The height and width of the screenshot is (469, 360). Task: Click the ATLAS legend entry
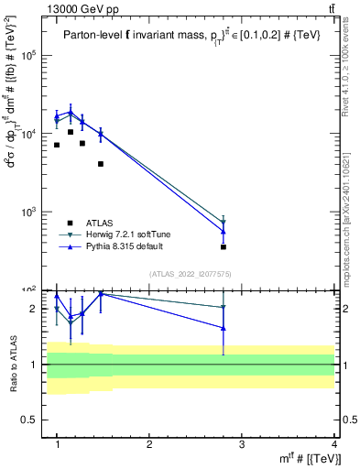click(x=100, y=223)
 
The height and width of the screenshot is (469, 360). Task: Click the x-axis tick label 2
click(x=149, y=443)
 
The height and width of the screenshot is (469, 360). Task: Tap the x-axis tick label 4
click(x=333, y=443)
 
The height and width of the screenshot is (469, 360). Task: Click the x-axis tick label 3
click(x=241, y=443)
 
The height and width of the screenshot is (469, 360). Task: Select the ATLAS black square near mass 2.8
click(x=224, y=246)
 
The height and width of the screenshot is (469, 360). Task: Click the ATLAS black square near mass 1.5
click(x=101, y=164)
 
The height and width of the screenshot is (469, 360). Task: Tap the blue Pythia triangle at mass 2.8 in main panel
click(x=224, y=231)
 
